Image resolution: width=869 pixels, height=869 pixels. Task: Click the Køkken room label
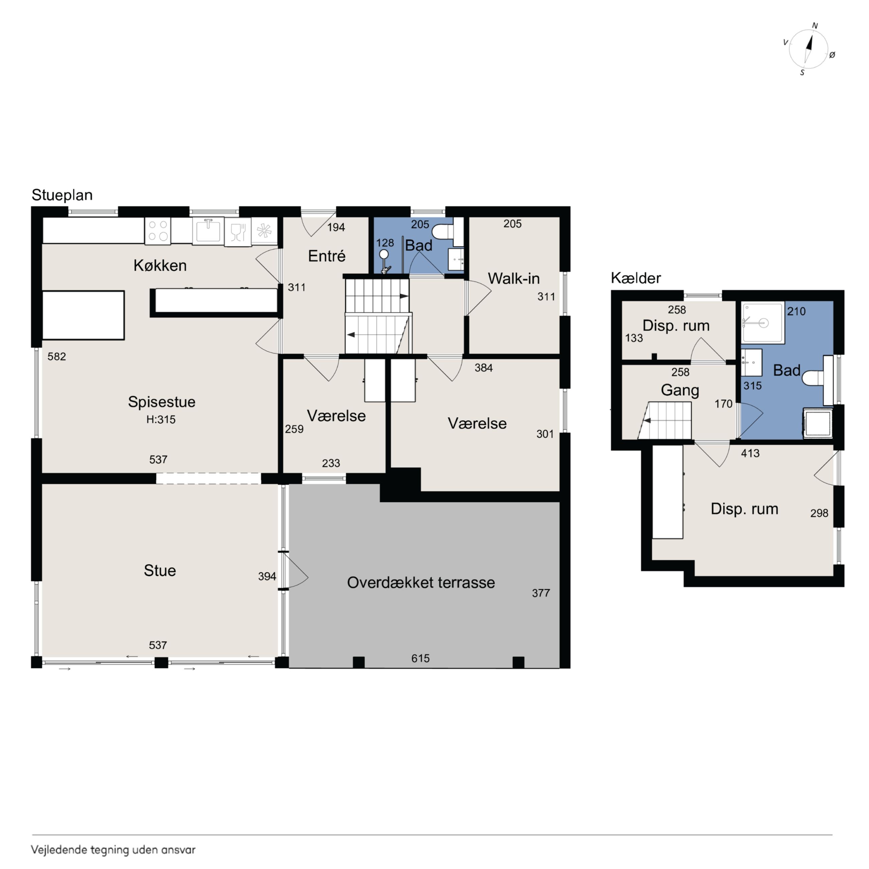click(160, 265)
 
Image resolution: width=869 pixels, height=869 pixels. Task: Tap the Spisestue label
click(161, 402)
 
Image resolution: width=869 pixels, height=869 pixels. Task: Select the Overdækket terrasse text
click(421, 583)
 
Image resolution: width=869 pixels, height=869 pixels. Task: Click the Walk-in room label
click(514, 278)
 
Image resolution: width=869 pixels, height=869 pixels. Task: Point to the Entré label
click(327, 256)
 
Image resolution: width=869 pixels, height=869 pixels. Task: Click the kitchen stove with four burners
click(158, 231)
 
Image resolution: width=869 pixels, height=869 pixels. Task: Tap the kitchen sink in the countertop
click(208, 230)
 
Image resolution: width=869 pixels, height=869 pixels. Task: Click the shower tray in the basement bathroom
click(763, 322)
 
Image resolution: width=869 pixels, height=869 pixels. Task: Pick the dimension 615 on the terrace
click(420, 658)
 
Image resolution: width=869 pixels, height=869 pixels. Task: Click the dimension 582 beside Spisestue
click(57, 357)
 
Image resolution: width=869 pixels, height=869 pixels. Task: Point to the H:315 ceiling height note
click(161, 420)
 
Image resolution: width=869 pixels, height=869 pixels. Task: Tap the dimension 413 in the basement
click(750, 454)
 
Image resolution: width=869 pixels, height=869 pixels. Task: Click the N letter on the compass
click(815, 26)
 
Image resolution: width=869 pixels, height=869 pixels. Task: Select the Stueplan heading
click(62, 195)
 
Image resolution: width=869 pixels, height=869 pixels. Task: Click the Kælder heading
click(636, 278)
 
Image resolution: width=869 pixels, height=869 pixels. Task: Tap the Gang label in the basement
click(680, 390)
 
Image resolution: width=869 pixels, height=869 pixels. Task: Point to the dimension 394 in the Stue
click(267, 576)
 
